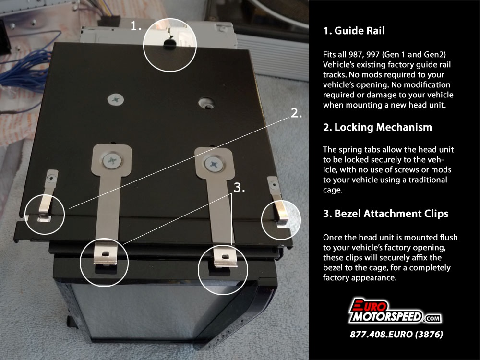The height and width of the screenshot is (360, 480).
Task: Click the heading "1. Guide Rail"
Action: pyautogui.click(x=354, y=31)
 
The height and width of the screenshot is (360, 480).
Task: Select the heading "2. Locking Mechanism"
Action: pyautogui.click(x=377, y=127)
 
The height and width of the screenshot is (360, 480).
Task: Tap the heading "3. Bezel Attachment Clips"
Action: pyautogui.click(x=386, y=214)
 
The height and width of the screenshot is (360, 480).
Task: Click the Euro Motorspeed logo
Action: pyautogui.click(x=395, y=311)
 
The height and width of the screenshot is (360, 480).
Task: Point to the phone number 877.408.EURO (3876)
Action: pyautogui.click(x=396, y=334)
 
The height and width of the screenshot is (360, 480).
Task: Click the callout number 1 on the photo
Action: pyautogui.click(x=136, y=26)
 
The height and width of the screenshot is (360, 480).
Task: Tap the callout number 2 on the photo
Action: pyautogui.click(x=296, y=113)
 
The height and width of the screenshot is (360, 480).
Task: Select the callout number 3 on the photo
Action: pyautogui.click(x=240, y=187)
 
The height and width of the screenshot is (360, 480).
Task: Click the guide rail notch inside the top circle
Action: pyautogui.click(x=169, y=44)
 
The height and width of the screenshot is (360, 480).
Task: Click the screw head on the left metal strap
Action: pyautogui.click(x=112, y=161)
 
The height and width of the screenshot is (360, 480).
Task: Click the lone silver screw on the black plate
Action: pyautogui.click(x=116, y=99)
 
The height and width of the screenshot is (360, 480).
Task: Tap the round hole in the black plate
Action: pyautogui.click(x=206, y=103)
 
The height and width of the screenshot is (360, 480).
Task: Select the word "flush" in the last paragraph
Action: pyautogui.click(x=449, y=237)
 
